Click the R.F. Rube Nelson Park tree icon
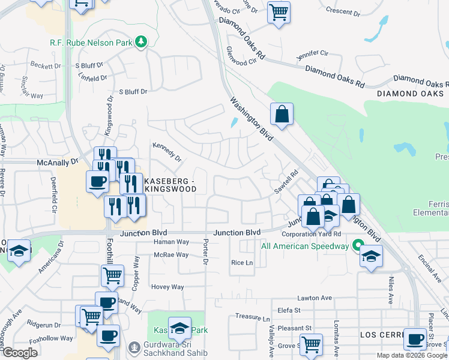(141, 42)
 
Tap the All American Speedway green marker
(358, 245)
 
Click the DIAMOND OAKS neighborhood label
(411, 94)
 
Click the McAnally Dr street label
(58, 162)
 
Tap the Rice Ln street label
(242, 263)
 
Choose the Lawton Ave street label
(315, 298)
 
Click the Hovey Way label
(167, 287)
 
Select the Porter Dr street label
(205, 252)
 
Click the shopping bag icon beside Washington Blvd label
(281, 113)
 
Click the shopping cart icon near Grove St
(311, 345)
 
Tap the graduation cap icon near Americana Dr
(19, 251)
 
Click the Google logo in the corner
(20, 353)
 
